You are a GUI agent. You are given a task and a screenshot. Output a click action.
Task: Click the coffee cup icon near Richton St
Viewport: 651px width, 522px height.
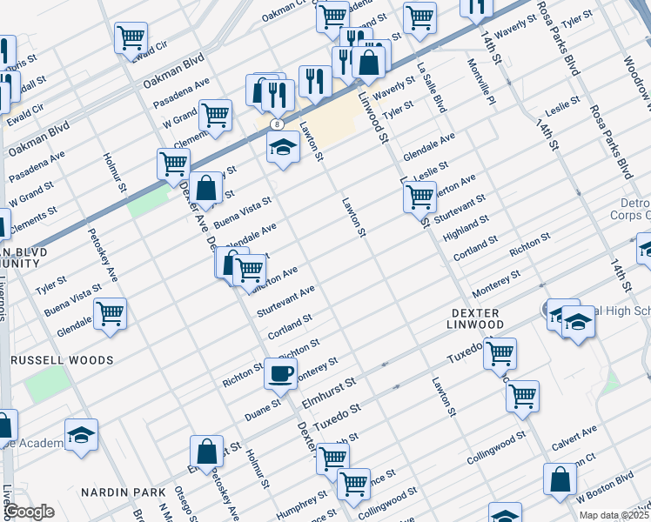click(x=280, y=373)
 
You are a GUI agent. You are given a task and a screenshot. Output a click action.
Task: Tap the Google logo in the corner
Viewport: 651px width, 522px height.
click(x=29, y=512)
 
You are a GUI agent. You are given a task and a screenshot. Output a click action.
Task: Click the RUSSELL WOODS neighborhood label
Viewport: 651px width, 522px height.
click(x=61, y=359)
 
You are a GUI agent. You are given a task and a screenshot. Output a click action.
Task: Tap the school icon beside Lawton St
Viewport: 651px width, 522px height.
click(x=283, y=149)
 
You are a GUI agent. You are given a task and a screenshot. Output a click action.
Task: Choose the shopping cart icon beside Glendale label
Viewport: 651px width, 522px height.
click(x=110, y=314)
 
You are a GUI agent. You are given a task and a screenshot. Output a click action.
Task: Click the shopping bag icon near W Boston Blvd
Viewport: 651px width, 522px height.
click(x=560, y=479)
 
